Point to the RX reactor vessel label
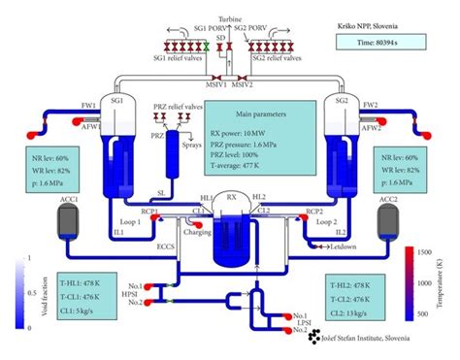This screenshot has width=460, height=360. point(230,196)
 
